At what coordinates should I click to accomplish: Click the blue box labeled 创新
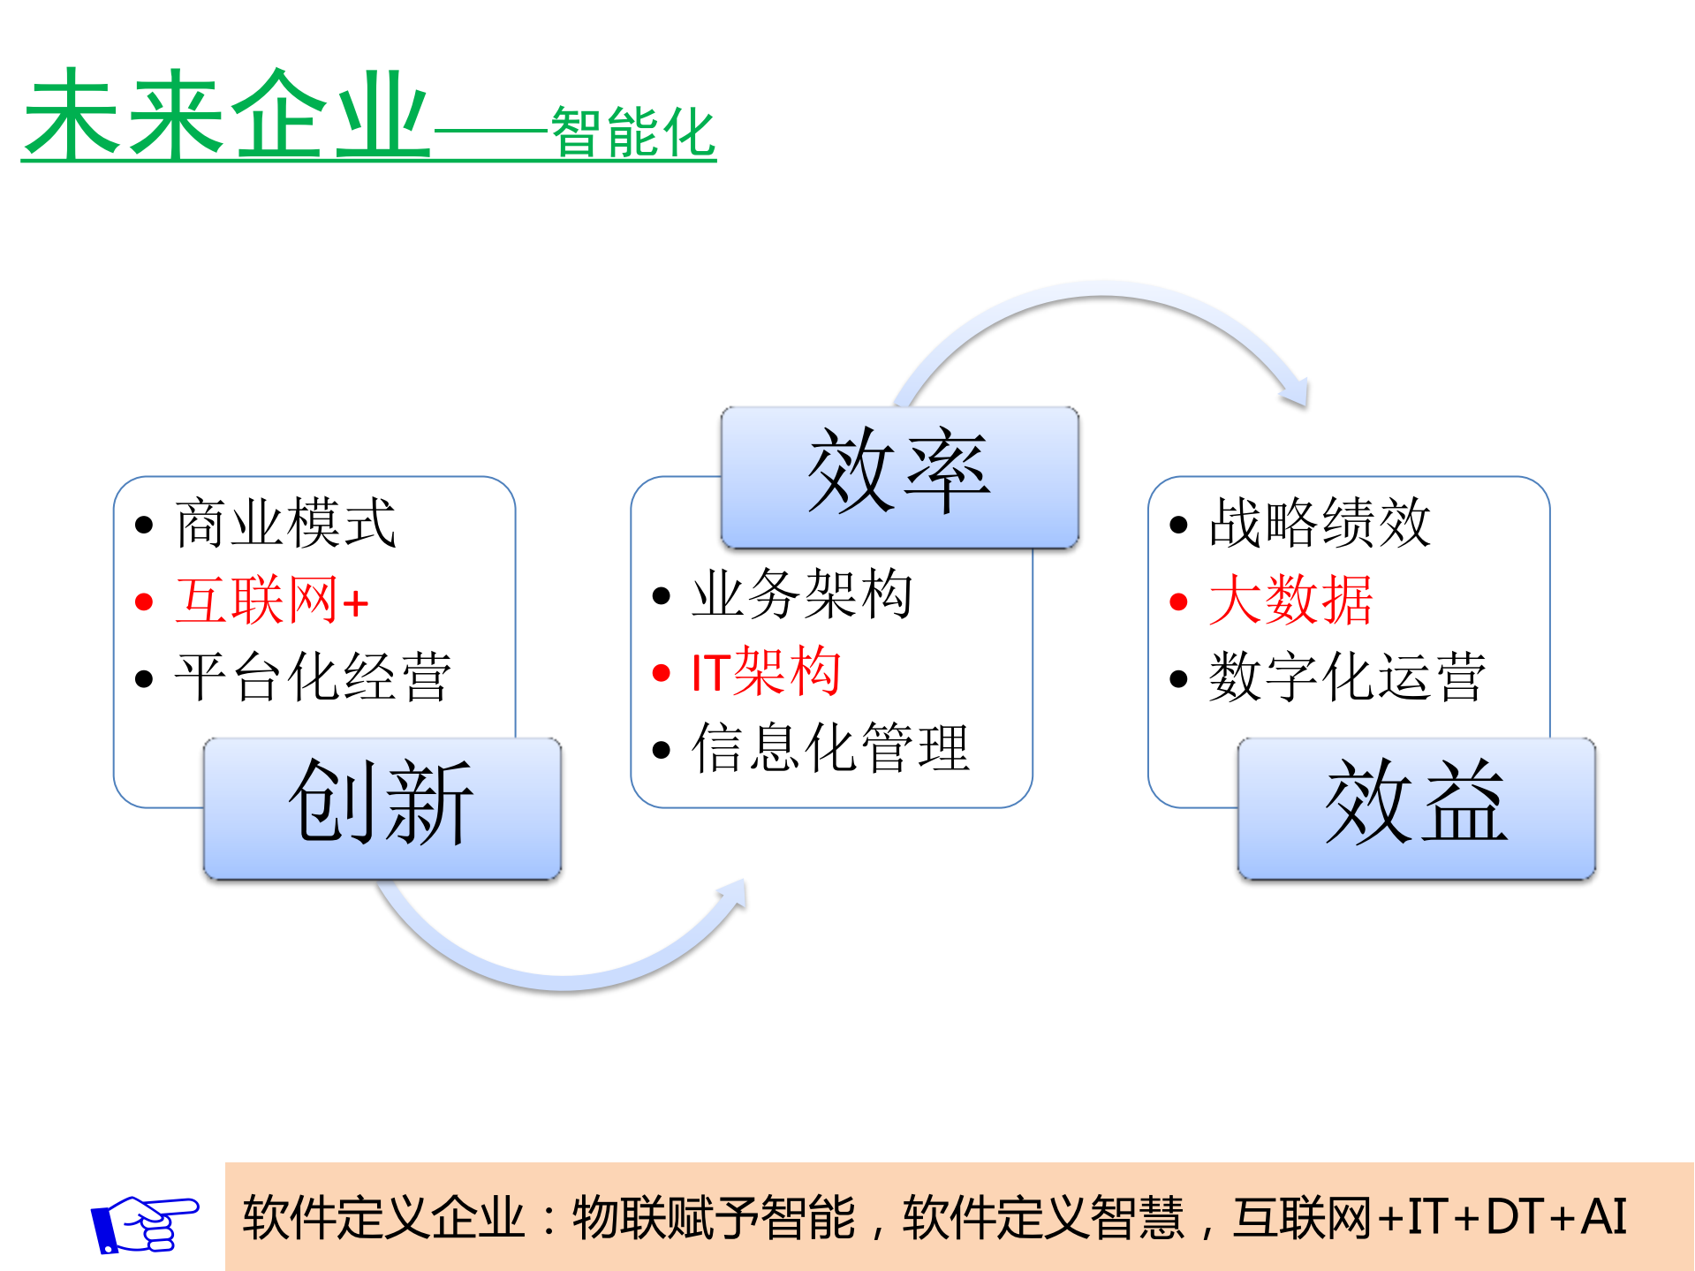point(382,808)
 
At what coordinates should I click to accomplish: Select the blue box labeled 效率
point(899,477)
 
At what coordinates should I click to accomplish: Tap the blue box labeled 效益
point(1416,808)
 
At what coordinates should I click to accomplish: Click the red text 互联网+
point(271,601)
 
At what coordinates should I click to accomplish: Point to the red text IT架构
point(765,671)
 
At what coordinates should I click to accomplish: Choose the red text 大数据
point(1290,601)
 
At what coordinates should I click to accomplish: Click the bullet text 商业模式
point(285,523)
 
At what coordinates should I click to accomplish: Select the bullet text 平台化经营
point(313,677)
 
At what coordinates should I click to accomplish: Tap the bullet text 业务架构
point(801,594)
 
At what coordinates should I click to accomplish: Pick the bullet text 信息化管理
point(830,748)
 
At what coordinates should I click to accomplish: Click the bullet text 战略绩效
point(1319,523)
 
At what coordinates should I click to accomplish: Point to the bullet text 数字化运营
point(1347,677)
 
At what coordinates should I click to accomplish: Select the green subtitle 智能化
point(632,132)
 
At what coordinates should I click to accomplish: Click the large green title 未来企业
point(226,115)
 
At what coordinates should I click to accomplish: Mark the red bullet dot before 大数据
point(1177,602)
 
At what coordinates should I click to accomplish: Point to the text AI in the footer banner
point(1603,1217)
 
